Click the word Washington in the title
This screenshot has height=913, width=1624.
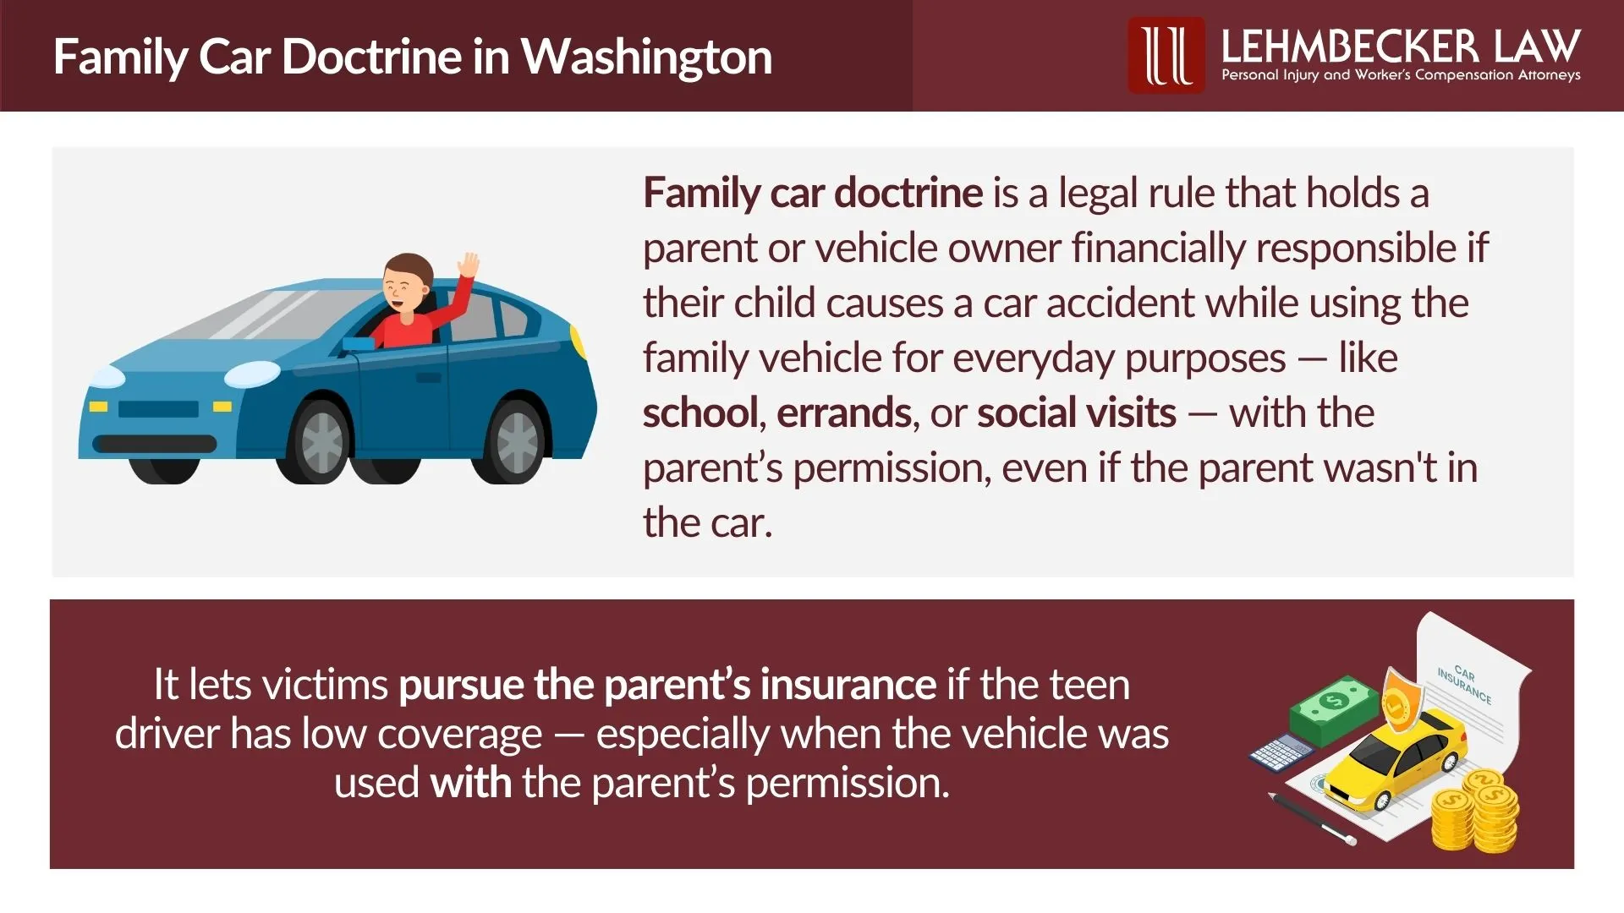645,57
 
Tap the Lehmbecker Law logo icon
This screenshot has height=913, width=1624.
1166,55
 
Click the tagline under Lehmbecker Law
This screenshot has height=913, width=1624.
1400,75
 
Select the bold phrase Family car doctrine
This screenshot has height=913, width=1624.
812,193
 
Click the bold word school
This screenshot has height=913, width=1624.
700,413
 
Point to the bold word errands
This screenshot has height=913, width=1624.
843,413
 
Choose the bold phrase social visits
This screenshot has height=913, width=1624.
1076,413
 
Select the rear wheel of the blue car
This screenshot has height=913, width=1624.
516,441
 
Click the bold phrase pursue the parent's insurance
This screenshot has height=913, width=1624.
667,685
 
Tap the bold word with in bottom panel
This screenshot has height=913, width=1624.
470,783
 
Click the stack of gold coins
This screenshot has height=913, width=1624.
1476,812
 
